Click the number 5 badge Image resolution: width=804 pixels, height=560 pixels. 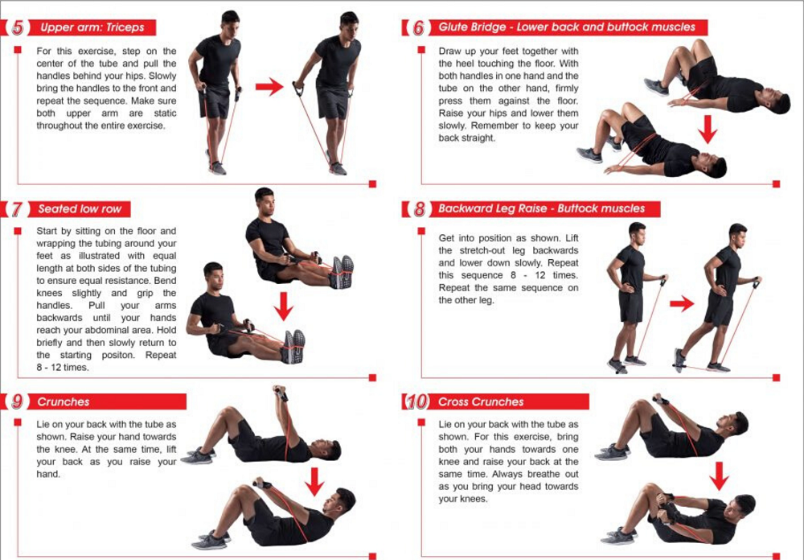click(x=18, y=27)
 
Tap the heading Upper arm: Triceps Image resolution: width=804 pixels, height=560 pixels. click(x=92, y=27)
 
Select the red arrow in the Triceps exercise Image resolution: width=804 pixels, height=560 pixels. click(x=269, y=86)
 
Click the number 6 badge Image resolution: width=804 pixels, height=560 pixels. click(x=419, y=27)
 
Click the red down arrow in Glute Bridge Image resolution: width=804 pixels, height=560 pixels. click(x=708, y=130)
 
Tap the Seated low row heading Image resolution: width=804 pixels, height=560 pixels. click(x=80, y=209)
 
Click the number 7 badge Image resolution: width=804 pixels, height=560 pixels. click(x=18, y=209)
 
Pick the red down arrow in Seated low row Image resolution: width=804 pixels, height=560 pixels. click(x=284, y=307)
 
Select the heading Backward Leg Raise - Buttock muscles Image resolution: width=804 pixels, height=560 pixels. click(x=541, y=209)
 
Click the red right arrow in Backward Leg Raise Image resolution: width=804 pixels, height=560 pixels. click(x=682, y=304)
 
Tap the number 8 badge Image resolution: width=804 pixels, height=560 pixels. click(x=420, y=209)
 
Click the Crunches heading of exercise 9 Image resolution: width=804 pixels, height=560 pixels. click(x=64, y=401)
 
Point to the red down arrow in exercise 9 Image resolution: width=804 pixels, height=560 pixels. click(x=314, y=481)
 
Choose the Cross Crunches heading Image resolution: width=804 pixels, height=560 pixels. click(x=481, y=401)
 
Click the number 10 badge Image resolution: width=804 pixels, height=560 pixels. click(x=417, y=401)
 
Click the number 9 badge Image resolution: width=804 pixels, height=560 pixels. click(x=18, y=401)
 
